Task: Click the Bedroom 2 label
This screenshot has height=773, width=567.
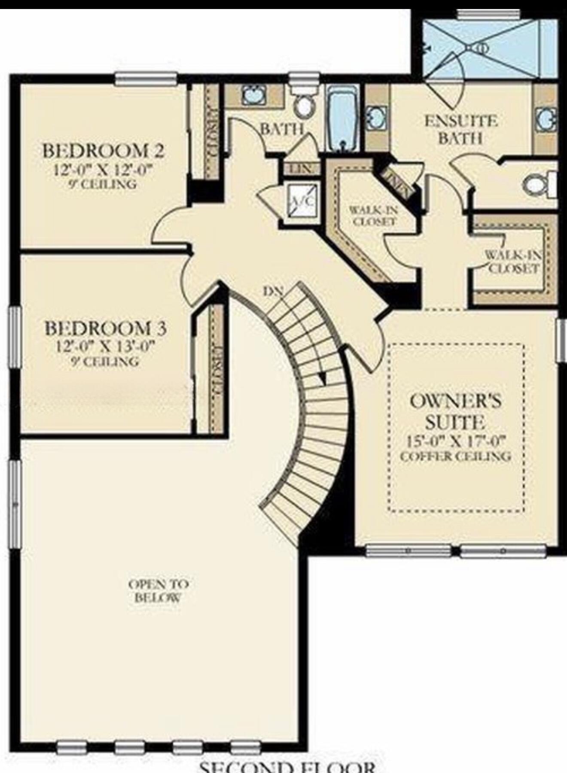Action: [x=103, y=151]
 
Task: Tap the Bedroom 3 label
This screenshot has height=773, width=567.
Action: [x=106, y=329]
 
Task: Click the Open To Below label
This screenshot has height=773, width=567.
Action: [x=159, y=590]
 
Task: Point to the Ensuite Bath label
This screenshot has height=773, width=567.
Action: [x=460, y=129]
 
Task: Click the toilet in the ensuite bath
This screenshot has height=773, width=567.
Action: [x=537, y=185]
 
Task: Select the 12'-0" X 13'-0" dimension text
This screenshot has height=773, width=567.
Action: [x=106, y=346]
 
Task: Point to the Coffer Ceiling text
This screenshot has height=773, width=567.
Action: [x=455, y=456]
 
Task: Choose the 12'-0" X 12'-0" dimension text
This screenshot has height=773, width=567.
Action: [x=103, y=170]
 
